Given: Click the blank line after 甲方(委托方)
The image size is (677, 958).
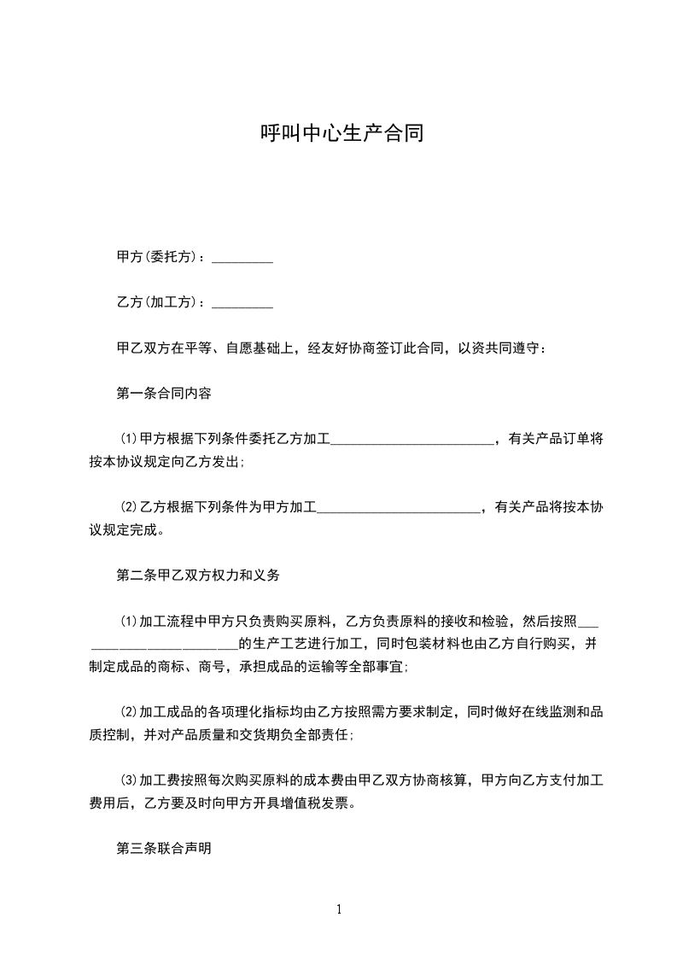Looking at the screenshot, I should click(242, 258).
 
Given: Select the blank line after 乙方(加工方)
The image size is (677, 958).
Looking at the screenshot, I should click(242, 303).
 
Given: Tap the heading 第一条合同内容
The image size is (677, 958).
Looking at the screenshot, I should click(163, 394).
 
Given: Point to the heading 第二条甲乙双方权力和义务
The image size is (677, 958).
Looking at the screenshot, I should click(197, 575).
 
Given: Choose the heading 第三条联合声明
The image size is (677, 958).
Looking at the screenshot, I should click(163, 849).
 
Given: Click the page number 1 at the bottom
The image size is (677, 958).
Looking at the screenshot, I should click(339, 909).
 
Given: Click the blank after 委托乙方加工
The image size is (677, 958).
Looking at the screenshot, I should click(411, 441).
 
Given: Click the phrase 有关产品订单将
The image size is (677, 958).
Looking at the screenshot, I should click(556, 440).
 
